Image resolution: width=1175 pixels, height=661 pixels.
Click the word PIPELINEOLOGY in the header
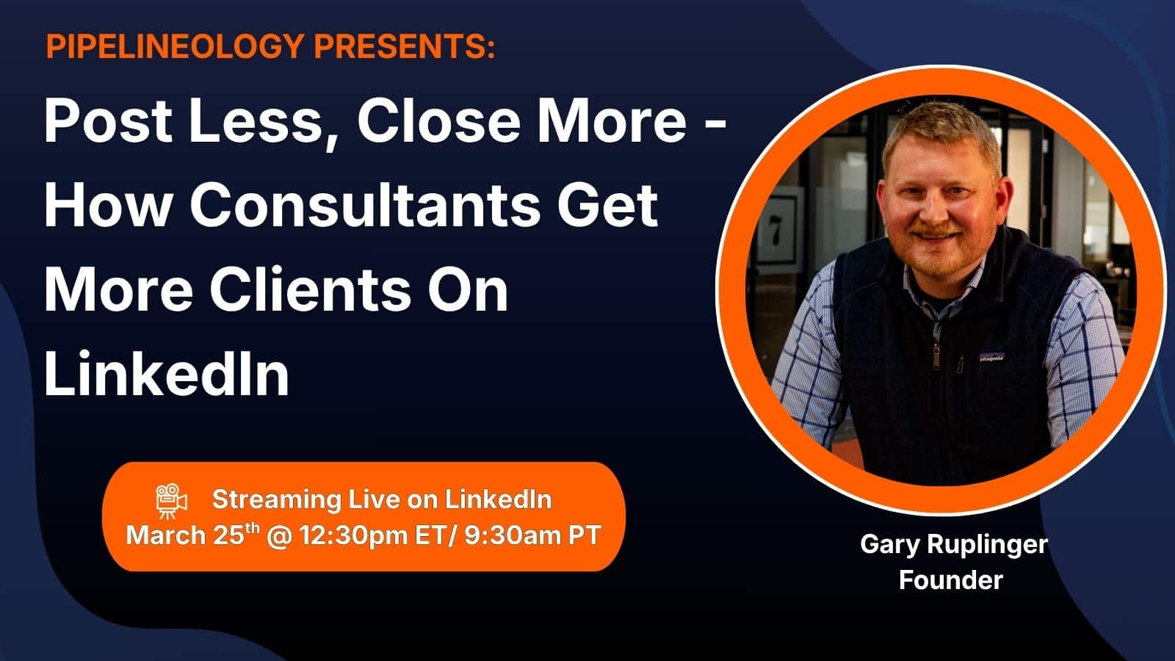(x=176, y=47)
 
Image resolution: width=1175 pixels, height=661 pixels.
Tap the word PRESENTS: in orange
(x=405, y=46)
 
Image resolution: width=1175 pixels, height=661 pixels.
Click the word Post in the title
(x=108, y=121)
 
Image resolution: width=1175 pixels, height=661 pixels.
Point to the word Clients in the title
(x=310, y=289)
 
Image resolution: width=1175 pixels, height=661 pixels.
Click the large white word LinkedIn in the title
(x=166, y=374)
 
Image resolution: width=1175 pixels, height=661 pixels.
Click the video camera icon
(x=171, y=502)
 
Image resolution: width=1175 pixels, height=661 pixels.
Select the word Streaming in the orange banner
(x=276, y=500)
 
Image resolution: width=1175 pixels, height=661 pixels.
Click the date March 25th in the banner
(x=192, y=535)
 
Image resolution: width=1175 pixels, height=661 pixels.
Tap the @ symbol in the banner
(x=279, y=536)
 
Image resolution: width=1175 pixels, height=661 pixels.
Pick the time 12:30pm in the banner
(x=353, y=536)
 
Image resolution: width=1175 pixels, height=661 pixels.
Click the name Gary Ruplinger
(x=954, y=544)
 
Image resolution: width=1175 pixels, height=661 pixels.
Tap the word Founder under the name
(x=950, y=580)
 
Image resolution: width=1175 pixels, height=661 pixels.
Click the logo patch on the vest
(x=991, y=357)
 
